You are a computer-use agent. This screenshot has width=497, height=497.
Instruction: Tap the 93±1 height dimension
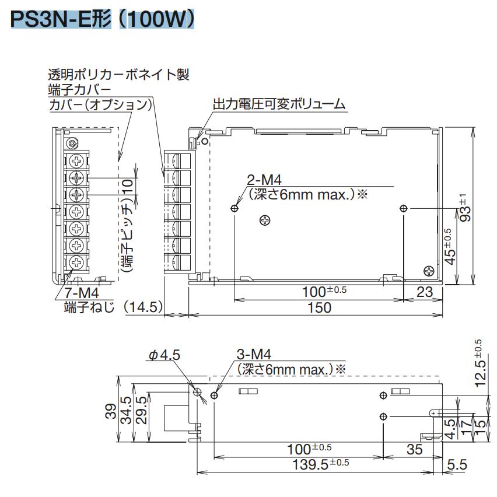464,207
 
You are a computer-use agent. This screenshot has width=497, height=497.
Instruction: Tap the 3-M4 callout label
254,354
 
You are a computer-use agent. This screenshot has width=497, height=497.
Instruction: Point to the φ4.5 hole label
165,356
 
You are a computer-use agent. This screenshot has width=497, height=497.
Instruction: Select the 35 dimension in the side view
414,449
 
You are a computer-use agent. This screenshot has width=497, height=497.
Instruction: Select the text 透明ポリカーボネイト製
119,75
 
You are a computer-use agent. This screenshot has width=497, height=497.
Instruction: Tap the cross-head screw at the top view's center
265,220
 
